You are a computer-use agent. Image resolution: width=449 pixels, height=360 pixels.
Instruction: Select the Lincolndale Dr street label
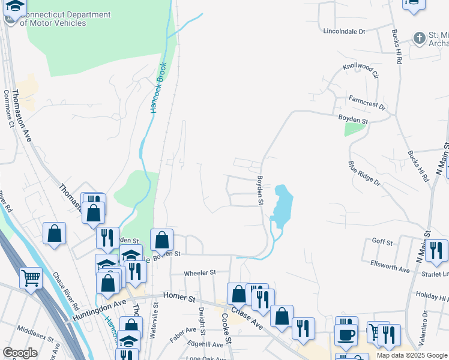(x=344, y=31)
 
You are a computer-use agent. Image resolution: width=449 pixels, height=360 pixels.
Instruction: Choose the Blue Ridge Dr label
(x=364, y=173)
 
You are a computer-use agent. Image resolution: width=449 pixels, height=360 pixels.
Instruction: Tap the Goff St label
(x=382, y=242)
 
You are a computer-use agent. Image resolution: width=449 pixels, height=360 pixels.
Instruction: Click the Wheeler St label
(x=200, y=272)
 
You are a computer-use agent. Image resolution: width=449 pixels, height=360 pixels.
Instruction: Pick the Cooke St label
(x=226, y=329)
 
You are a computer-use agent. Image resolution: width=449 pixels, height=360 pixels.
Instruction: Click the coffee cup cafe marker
(x=346, y=334)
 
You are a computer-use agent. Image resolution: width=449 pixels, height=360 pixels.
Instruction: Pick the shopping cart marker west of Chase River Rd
(x=31, y=277)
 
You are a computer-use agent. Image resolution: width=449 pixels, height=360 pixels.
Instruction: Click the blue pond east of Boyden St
(x=281, y=205)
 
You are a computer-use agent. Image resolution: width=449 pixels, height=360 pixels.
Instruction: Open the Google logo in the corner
(x=20, y=353)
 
